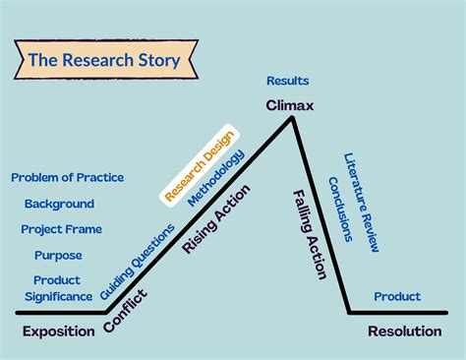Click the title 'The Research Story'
coord(103,61)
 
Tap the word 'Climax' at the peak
coord(289,104)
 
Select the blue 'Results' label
coord(288,81)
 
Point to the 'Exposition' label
coord(59,331)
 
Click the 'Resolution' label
coord(404,331)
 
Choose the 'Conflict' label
coord(128,308)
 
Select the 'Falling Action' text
coord(310,234)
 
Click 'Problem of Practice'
coord(67,177)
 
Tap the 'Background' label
coord(59,204)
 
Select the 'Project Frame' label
coord(62,229)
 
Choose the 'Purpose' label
coord(58,255)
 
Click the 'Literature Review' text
coord(362,202)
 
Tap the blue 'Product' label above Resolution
coord(397,296)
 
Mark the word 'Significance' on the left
coord(58,296)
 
